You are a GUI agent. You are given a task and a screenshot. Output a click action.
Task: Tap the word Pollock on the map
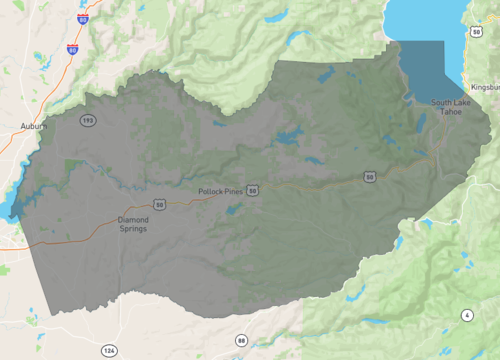click(210, 190)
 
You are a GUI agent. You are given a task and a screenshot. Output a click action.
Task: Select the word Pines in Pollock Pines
click(233, 190)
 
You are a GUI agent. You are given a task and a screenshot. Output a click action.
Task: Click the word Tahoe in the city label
click(457, 112)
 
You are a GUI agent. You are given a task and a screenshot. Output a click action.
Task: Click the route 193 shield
click(88, 121)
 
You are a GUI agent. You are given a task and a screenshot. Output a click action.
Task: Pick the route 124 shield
click(108, 350)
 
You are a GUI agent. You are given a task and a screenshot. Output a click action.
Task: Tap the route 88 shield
click(241, 341)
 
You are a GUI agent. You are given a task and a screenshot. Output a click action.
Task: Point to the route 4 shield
click(466, 316)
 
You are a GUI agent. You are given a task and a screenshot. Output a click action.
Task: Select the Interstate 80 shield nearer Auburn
click(73, 48)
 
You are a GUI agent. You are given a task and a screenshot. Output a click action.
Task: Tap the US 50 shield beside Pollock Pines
click(254, 188)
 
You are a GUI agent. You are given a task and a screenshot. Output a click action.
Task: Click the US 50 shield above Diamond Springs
click(159, 204)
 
